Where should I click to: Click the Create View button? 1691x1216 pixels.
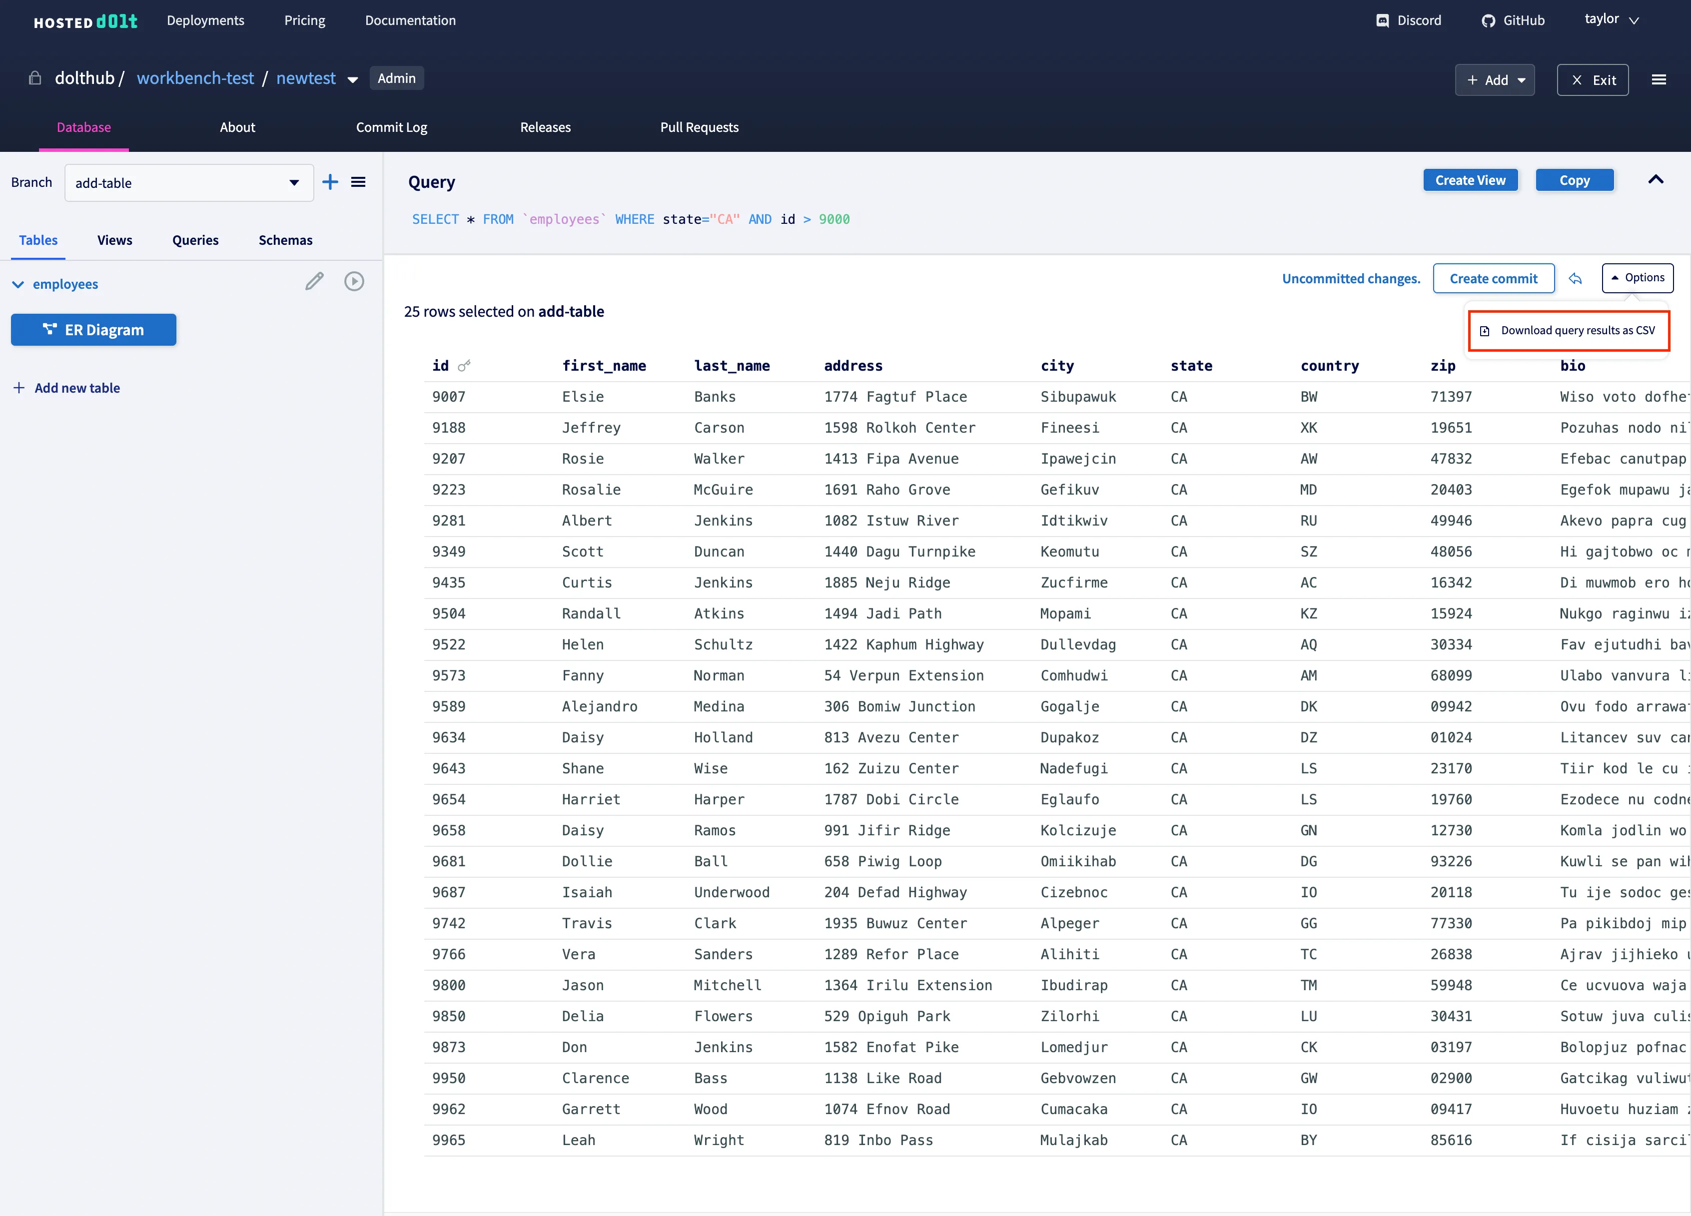(x=1470, y=180)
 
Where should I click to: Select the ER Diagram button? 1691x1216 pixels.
(x=94, y=330)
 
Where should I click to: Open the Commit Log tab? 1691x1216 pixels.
(x=391, y=127)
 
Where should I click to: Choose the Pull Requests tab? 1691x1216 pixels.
(x=699, y=127)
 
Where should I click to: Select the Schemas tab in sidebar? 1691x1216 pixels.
(x=285, y=240)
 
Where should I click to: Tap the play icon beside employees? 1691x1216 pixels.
(x=354, y=281)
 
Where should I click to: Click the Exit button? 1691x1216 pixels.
(x=1593, y=80)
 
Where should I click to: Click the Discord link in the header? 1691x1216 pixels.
(x=1409, y=20)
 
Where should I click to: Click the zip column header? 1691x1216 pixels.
(x=1442, y=365)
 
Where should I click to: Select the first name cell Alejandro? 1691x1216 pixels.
(x=600, y=706)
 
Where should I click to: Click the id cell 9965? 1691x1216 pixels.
(x=448, y=1140)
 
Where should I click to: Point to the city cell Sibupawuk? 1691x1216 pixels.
(x=1078, y=397)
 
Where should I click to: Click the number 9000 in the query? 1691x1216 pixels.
(x=834, y=219)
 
